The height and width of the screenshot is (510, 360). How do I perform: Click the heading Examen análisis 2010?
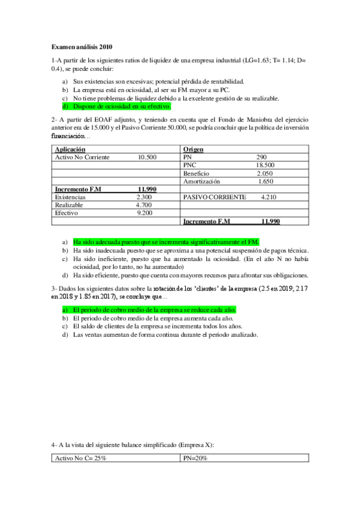pos(82,46)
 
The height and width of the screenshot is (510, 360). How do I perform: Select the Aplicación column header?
pos(70,149)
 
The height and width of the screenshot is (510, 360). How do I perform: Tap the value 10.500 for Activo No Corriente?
pos(147,157)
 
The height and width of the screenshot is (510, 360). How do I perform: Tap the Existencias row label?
pos(70,197)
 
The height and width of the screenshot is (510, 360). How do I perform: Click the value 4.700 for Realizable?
pos(144,205)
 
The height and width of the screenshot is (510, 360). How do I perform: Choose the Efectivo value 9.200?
pos(144,213)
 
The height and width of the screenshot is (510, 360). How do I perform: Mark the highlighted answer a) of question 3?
pos(154,310)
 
